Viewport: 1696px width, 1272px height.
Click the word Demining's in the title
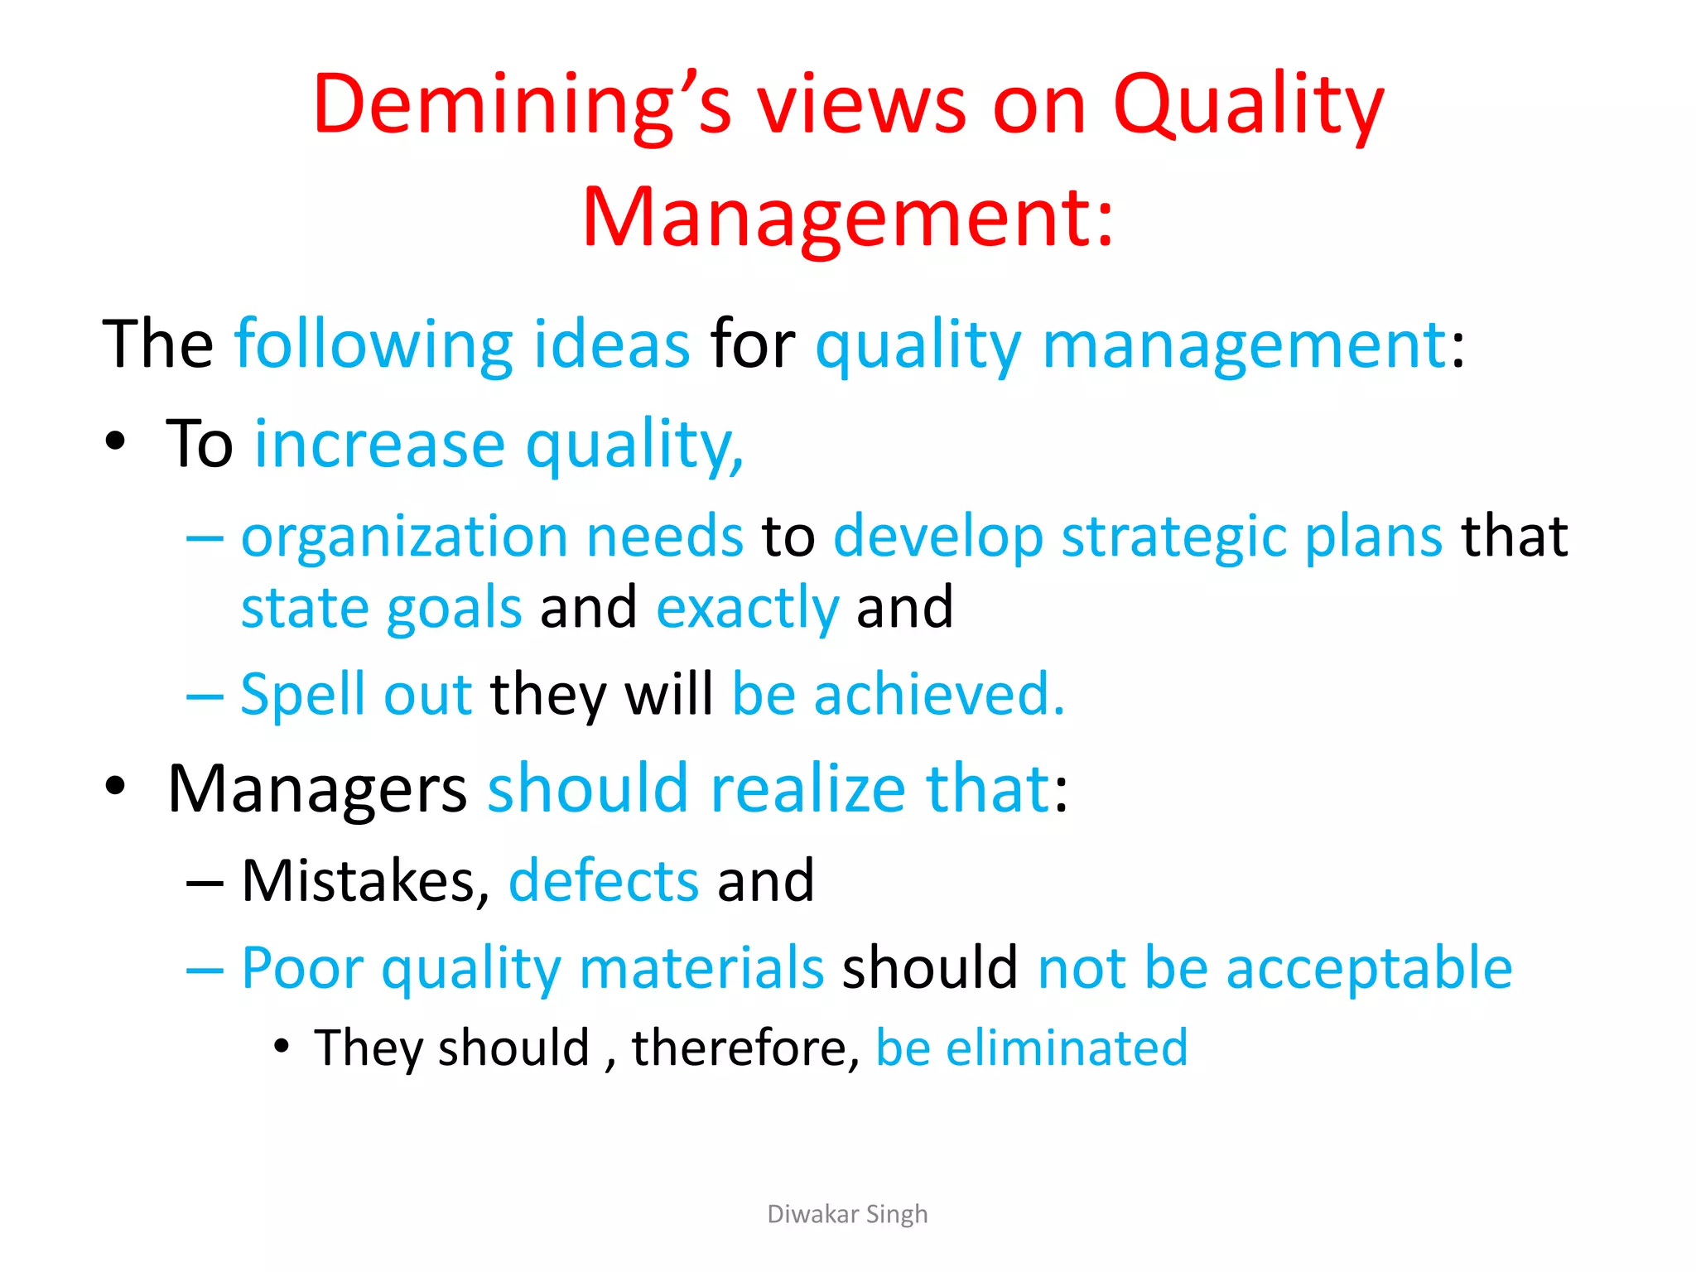[522, 106]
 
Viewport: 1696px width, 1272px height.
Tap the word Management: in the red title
[848, 217]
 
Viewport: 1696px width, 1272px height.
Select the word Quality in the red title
[1248, 106]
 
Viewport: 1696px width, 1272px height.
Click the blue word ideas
[611, 344]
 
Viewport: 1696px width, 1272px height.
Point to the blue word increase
[379, 445]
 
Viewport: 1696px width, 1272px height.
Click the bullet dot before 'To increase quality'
[115, 441]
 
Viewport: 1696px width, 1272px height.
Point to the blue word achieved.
[939, 694]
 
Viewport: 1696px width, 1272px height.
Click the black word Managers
[317, 789]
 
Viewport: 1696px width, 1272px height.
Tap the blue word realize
[808, 789]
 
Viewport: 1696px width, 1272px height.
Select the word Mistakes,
[365, 880]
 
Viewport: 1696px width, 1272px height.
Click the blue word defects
[604, 880]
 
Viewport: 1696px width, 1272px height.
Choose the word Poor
[301, 968]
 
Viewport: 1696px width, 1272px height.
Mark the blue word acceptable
[1369, 968]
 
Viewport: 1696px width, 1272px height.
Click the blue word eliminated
[1067, 1048]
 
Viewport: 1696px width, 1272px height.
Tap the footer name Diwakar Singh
[847, 1214]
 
